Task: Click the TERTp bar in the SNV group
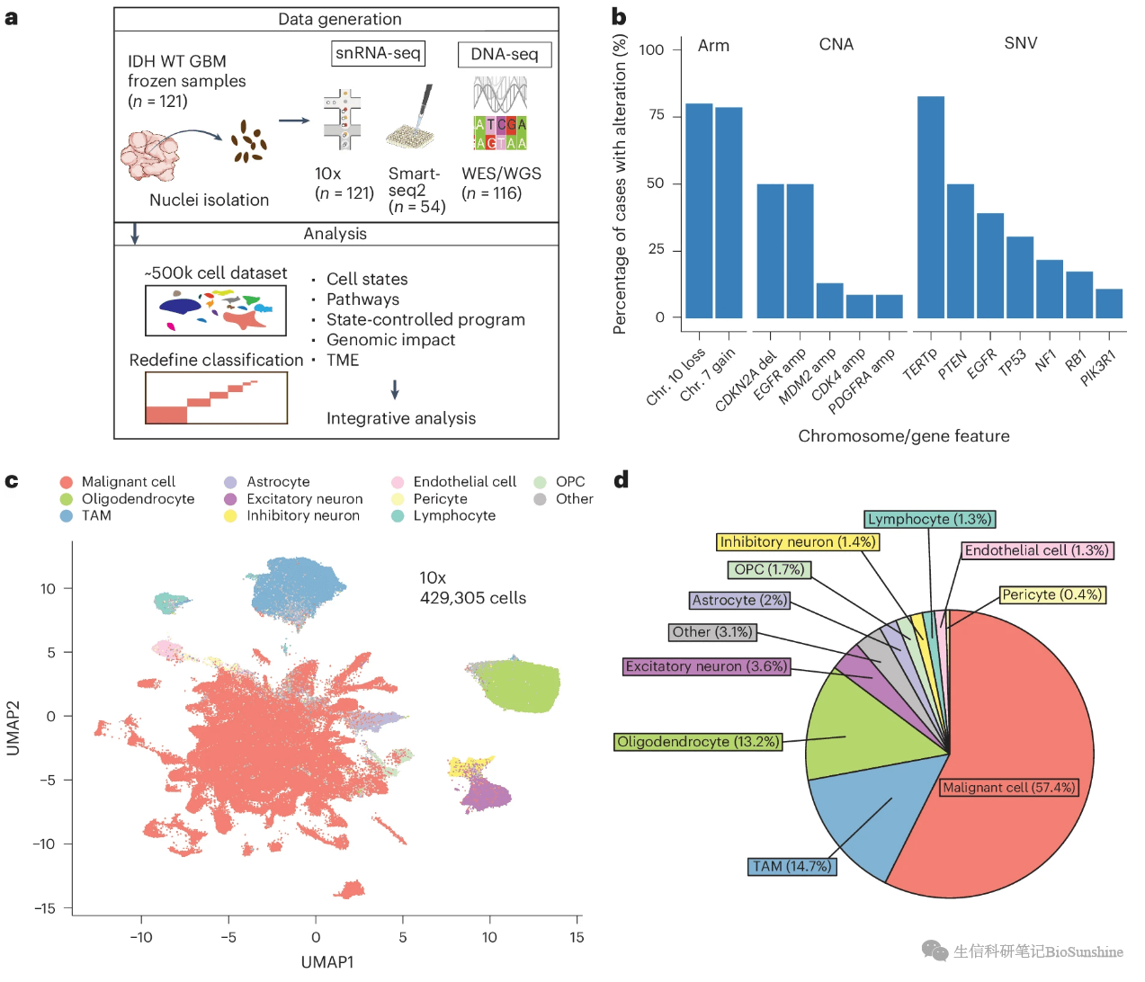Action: point(930,207)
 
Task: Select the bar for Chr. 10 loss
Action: point(698,210)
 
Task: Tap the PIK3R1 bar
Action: point(1109,303)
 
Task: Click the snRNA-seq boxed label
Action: point(378,53)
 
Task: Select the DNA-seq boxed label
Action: point(505,55)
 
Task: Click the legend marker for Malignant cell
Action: point(66,482)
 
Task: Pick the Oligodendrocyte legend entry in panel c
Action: point(138,499)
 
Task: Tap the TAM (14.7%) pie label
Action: point(792,866)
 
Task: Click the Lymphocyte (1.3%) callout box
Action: point(929,519)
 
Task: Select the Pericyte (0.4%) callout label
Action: point(1051,594)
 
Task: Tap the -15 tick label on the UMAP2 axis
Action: point(45,908)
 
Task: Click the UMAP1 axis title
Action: point(327,962)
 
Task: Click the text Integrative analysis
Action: point(400,418)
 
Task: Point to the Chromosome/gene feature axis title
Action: point(903,436)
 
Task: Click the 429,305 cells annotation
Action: point(472,598)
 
